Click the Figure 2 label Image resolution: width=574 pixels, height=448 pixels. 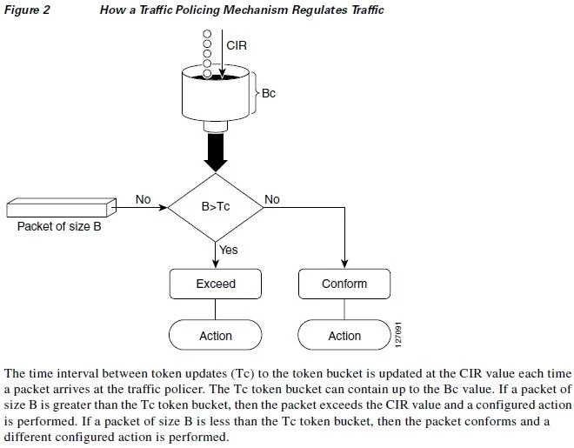[27, 10]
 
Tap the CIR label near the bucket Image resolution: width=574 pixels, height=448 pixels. [237, 45]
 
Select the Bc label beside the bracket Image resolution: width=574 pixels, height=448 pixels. [268, 93]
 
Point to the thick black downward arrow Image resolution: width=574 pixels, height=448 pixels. [216, 152]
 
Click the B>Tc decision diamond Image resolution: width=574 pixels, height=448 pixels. [216, 208]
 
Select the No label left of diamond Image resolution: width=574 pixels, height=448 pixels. [143, 199]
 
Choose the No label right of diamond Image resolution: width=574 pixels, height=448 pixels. [272, 199]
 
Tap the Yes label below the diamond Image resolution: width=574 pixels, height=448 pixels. [228, 250]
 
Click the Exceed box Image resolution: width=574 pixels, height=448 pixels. [216, 284]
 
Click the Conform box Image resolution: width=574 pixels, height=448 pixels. [344, 284]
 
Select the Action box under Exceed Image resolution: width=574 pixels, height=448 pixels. [216, 335]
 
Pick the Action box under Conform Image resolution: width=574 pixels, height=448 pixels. [344, 335]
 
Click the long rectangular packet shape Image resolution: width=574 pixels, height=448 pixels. [62, 208]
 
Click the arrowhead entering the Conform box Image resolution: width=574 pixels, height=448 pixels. [344, 264]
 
